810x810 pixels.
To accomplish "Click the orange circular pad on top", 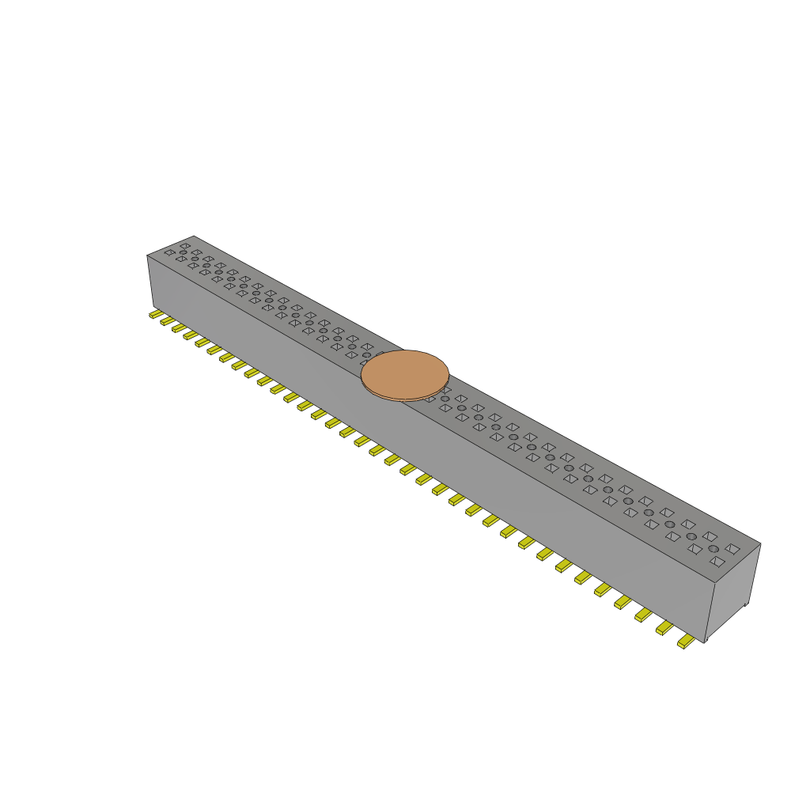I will (x=405, y=374).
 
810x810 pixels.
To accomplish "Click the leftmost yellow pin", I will (x=156, y=314).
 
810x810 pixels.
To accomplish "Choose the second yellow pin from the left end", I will (x=167, y=320).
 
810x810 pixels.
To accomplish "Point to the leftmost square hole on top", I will (x=169, y=252).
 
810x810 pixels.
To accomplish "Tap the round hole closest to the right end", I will (x=713, y=549).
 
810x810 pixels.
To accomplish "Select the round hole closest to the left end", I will (x=183, y=252).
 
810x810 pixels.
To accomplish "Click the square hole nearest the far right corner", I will (x=732, y=547).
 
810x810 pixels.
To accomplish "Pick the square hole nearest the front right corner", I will (x=717, y=562).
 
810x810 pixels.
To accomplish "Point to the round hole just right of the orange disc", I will (x=445, y=399).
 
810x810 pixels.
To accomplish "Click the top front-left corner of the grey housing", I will (x=148, y=255).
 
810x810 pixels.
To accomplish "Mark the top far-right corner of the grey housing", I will (x=760, y=543).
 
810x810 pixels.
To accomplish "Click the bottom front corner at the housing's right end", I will (x=704, y=642).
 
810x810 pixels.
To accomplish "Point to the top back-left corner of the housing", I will (x=194, y=236).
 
